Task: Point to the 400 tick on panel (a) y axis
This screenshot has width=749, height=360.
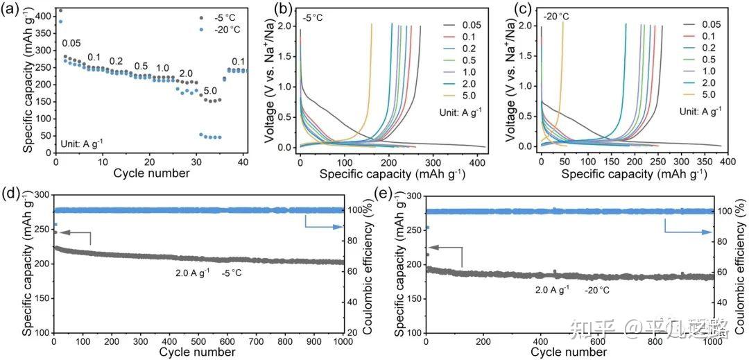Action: coord(43,16)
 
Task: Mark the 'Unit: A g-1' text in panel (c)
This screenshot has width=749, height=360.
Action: coord(701,112)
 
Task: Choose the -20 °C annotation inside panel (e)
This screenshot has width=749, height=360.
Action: coord(597,289)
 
